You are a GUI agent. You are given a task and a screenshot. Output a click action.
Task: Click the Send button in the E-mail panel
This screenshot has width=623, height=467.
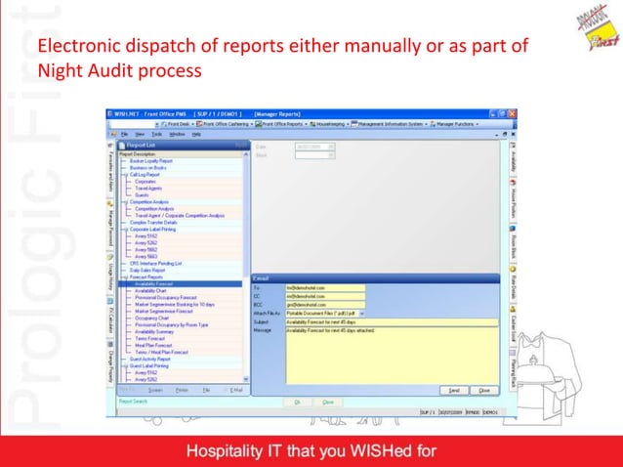pyautogui.click(x=455, y=390)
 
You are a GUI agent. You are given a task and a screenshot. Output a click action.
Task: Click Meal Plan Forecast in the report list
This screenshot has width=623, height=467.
pyautogui.click(x=155, y=343)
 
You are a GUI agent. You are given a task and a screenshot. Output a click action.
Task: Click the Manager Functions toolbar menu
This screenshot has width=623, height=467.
pyautogui.click(x=458, y=125)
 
